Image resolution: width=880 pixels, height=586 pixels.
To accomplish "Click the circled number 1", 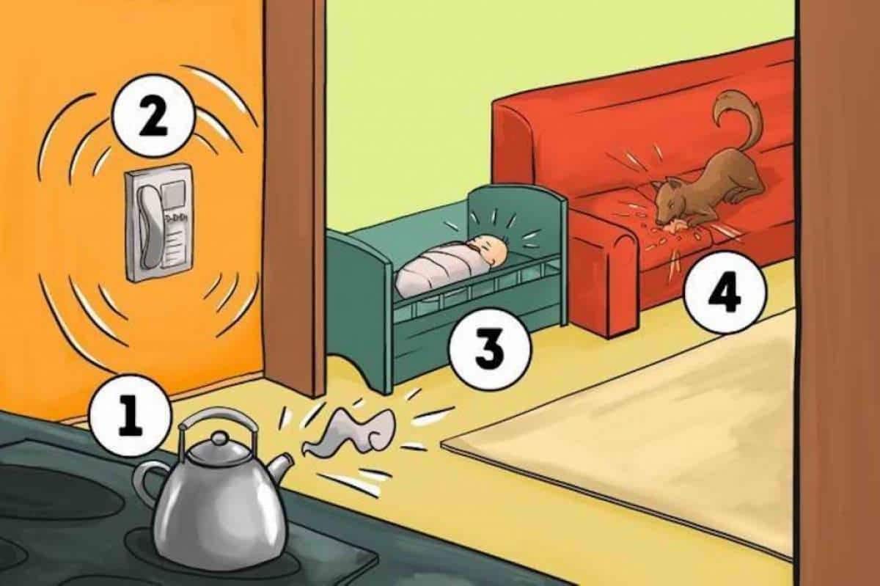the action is tap(131, 417).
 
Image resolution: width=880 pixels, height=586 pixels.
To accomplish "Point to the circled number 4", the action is tap(724, 293).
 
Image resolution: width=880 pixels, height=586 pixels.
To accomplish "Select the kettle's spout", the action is tap(281, 465).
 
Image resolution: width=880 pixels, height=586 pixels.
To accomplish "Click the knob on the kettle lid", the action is tap(219, 439).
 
